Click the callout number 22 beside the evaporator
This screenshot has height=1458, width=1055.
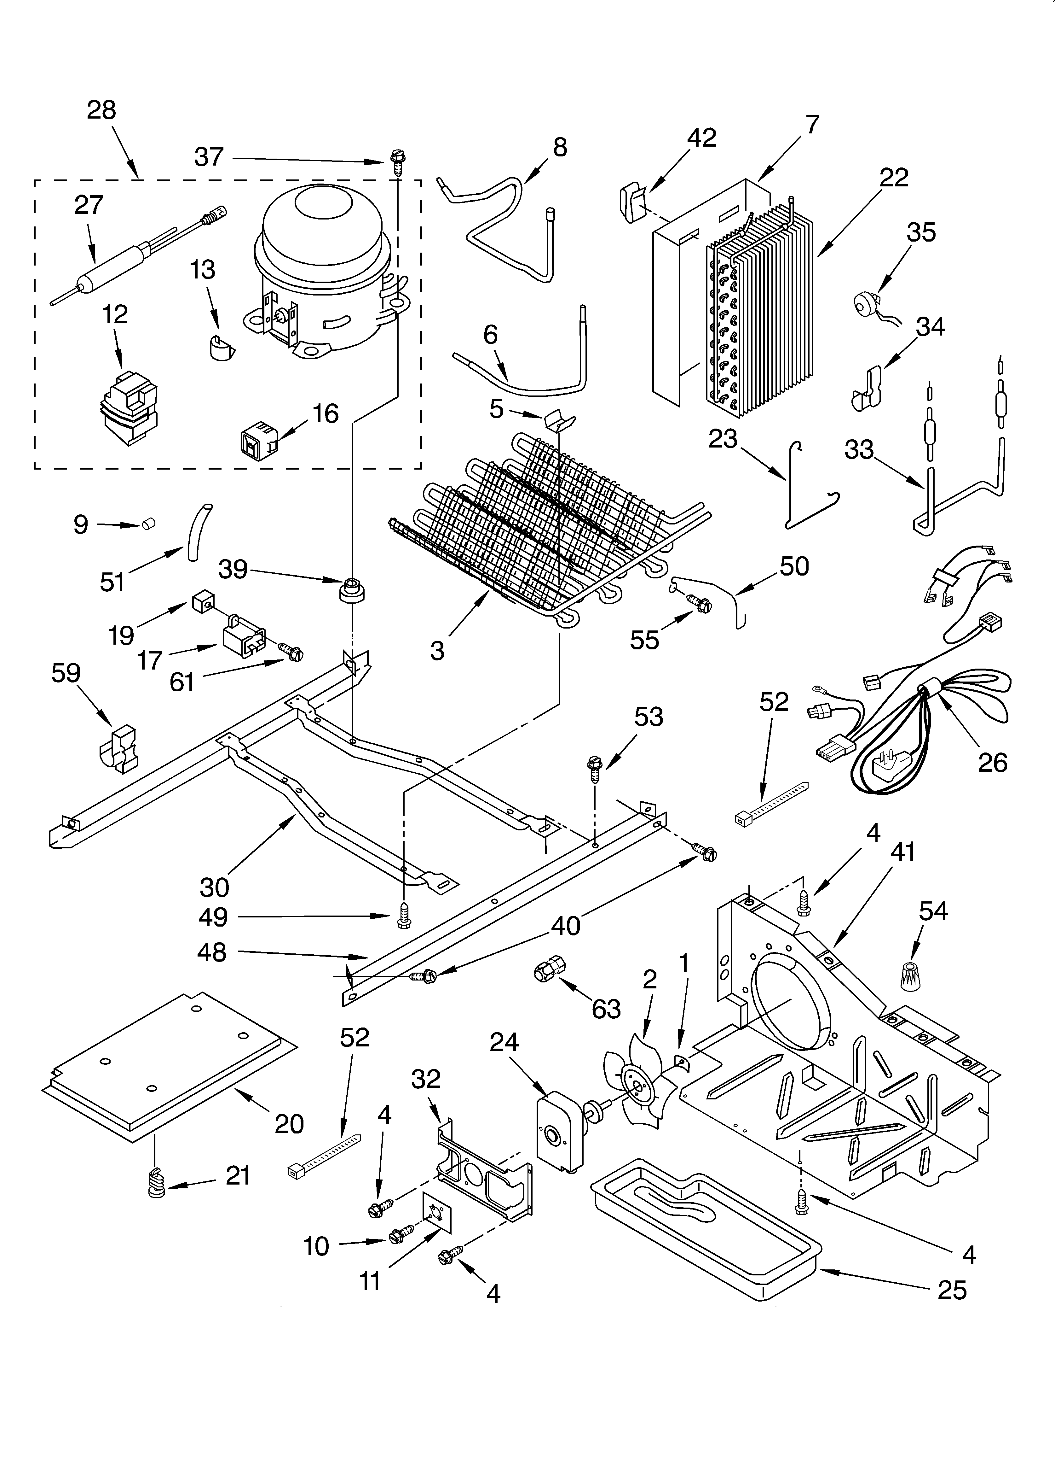click(x=894, y=178)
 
